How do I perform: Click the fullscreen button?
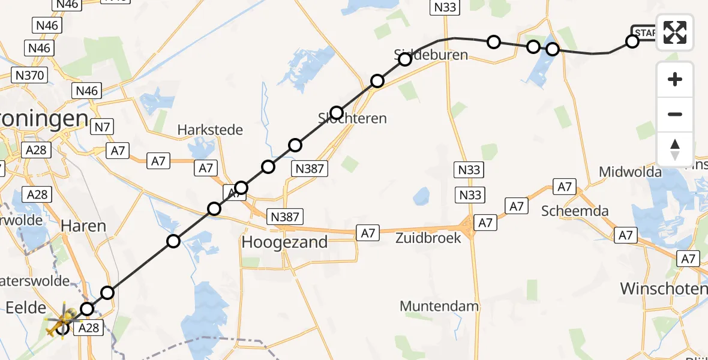[675, 32]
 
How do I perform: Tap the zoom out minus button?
[675, 114]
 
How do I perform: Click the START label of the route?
[645, 32]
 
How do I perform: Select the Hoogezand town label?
[284, 242]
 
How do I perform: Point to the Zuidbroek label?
[428, 237]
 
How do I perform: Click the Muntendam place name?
[439, 306]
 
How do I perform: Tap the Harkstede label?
[210, 130]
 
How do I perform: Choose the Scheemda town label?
[575, 211]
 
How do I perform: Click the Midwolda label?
[630, 172]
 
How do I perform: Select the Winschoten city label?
[663, 289]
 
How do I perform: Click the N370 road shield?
[29, 75]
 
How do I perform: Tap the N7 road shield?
[102, 127]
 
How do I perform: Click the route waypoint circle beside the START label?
[632, 41]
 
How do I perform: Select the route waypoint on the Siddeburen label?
[404, 59]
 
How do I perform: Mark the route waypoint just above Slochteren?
[336, 113]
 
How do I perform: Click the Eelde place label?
[25, 308]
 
